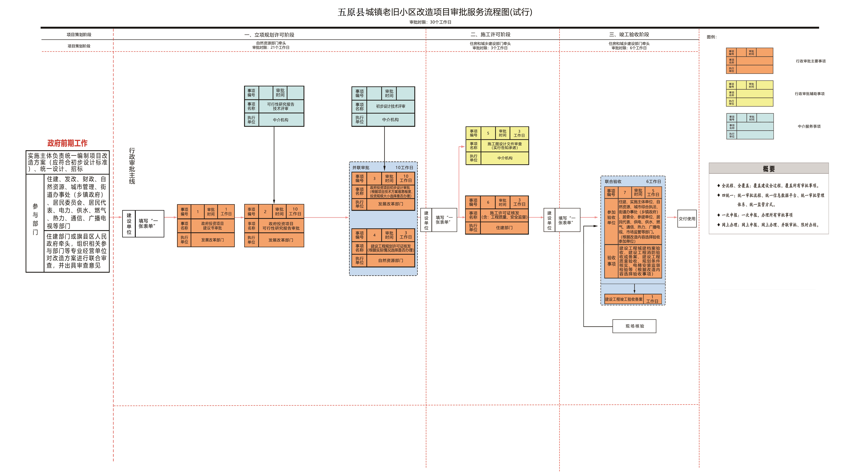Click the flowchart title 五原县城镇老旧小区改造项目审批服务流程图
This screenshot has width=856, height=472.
[435, 12]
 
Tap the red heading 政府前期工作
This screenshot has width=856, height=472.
[67, 143]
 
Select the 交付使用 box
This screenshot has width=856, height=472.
[687, 219]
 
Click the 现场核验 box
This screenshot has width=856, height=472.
[634, 326]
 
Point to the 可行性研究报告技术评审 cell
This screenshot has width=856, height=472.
[281, 106]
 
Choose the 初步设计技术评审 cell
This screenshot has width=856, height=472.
[390, 106]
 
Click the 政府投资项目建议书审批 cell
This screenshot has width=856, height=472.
[212, 226]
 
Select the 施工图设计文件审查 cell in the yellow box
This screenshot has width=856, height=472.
[504, 146]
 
